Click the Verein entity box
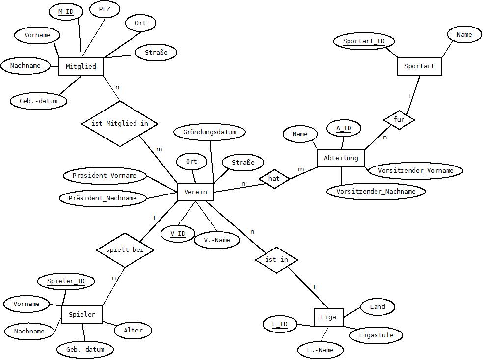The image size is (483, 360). click(195, 192)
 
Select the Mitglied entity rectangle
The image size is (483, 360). click(80, 66)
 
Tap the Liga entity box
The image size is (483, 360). click(328, 317)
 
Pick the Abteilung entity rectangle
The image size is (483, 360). click(341, 158)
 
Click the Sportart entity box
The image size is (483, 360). click(420, 66)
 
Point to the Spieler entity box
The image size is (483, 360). click(81, 315)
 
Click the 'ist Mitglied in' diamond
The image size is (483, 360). click(120, 124)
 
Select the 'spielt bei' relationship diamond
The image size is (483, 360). click(125, 249)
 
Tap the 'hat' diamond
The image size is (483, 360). click(274, 178)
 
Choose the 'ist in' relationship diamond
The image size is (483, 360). click(277, 260)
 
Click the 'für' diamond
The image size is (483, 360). click(399, 119)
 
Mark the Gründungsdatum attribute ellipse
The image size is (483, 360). click(210, 132)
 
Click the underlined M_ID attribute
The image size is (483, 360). click(66, 12)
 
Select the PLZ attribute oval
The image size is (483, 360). click(105, 9)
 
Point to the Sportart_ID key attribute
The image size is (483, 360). click(364, 41)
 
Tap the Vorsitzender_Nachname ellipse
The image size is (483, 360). click(376, 192)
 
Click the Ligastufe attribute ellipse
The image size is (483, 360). click(376, 335)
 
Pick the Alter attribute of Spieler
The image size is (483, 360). click(133, 331)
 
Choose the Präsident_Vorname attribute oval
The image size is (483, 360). click(105, 176)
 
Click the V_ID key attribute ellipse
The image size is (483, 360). click(178, 234)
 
